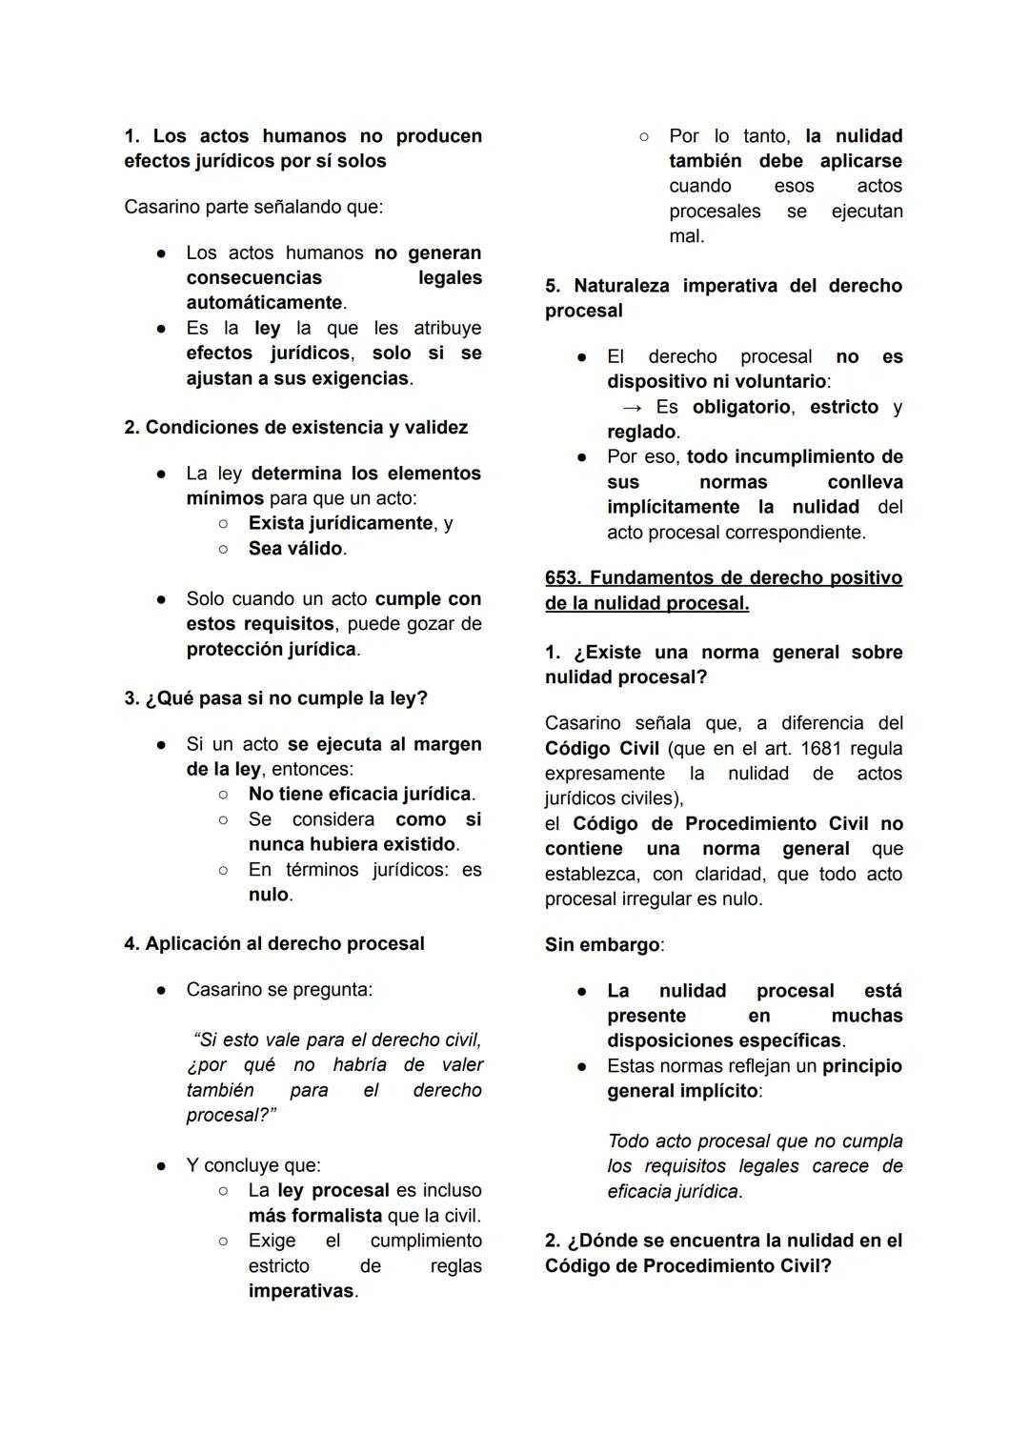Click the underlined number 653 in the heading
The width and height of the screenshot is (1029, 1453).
(x=562, y=578)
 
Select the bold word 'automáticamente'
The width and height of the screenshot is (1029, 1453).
(x=264, y=303)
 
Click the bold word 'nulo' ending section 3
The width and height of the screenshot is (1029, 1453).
(x=268, y=895)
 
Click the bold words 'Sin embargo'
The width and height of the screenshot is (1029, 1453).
(x=602, y=945)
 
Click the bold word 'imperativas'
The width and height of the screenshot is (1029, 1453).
(x=301, y=1292)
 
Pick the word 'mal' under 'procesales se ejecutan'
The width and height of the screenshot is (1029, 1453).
(x=684, y=236)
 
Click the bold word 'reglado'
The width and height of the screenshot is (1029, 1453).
(x=641, y=433)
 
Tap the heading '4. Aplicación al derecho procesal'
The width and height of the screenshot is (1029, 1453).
(x=274, y=944)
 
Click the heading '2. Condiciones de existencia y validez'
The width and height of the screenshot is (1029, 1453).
(x=295, y=428)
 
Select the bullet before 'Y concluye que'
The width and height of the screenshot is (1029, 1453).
(x=163, y=1166)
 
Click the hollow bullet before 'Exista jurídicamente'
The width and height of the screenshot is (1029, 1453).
(x=223, y=524)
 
